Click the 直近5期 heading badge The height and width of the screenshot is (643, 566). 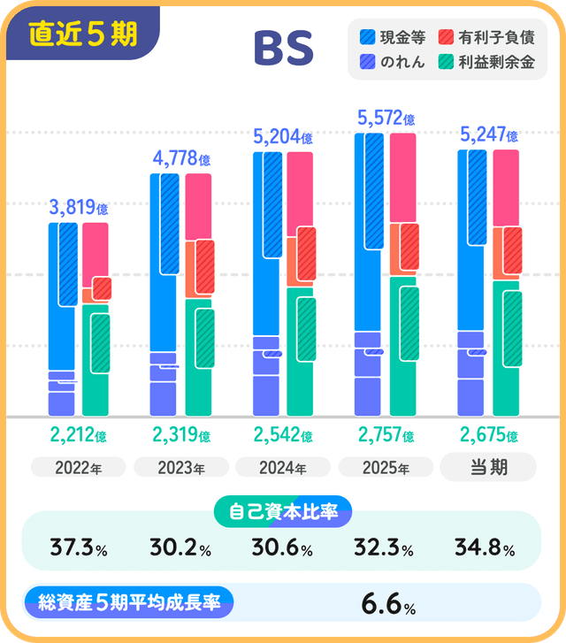(83, 34)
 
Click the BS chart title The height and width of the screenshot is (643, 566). (283, 50)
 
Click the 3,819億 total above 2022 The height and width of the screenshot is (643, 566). (78, 208)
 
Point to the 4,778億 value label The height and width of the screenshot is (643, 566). (181, 159)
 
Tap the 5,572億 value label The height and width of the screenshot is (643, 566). (386, 117)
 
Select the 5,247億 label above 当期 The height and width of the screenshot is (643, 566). (489, 134)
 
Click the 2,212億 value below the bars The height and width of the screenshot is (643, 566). (78, 435)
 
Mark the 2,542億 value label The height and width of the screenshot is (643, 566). (283, 435)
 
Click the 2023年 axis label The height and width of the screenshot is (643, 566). (180, 467)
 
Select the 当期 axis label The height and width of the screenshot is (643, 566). (488, 466)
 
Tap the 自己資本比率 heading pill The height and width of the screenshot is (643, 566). (283, 511)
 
